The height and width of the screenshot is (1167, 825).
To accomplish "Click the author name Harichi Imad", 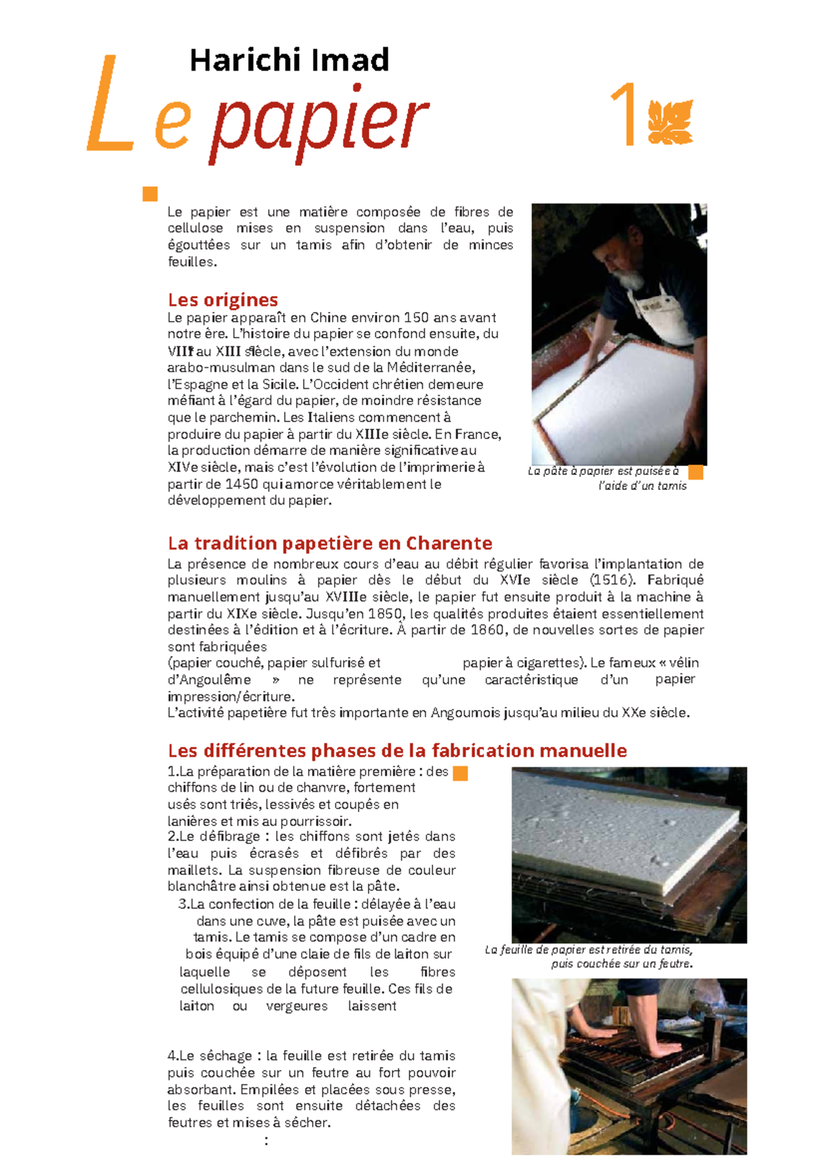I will [x=289, y=60].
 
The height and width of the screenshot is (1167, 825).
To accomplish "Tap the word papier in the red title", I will [x=318, y=124].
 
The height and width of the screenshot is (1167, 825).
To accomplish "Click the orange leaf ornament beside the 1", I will [x=670, y=122].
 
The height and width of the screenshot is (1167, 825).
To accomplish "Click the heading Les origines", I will [x=223, y=300].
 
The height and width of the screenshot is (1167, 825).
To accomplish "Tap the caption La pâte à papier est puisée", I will [x=604, y=471].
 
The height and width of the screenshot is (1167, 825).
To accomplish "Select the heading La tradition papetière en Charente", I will [x=329, y=543].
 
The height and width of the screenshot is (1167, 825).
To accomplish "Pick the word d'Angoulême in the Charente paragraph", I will [x=209, y=680].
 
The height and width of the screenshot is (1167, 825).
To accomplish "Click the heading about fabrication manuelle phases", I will [x=397, y=751].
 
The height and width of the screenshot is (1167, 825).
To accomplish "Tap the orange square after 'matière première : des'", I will [x=461, y=773].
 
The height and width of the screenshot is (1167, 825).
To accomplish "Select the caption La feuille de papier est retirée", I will [x=588, y=950].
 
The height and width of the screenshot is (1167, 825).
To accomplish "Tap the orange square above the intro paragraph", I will [x=150, y=194].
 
